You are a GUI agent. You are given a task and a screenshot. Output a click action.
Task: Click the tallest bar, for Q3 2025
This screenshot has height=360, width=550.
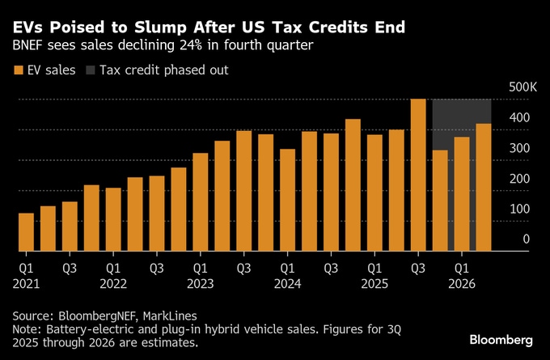418,175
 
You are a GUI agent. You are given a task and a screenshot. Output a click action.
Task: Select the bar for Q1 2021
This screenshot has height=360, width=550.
26,232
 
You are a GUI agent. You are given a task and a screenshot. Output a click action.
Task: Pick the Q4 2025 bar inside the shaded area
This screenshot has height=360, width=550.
440,201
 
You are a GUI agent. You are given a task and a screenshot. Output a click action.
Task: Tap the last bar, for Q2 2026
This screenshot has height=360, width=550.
484,188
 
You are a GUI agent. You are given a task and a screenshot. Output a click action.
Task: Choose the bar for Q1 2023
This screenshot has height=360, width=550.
201,202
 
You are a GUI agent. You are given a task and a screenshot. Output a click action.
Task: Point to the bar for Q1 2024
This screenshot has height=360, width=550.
287,200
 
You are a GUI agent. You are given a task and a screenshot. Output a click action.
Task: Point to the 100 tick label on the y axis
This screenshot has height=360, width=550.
520,209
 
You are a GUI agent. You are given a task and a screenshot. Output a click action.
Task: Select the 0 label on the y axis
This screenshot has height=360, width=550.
526,239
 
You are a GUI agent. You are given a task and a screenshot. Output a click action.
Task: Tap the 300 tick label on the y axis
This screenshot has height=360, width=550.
520,148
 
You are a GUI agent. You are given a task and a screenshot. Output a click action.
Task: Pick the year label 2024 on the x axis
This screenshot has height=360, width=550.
287,284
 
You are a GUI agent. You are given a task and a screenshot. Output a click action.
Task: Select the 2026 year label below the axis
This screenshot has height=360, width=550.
461,284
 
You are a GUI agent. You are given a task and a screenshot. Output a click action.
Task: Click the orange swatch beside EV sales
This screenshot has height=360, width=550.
19,70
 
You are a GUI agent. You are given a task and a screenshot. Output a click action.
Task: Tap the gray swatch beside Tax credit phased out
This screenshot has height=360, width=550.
89,70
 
